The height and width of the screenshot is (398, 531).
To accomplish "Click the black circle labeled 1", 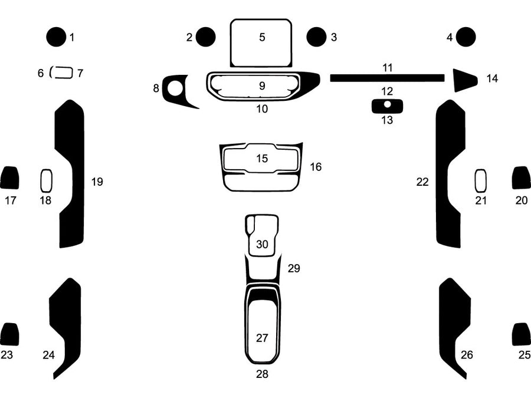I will coord(57,37).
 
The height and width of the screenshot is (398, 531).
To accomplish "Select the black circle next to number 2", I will coord(205,37).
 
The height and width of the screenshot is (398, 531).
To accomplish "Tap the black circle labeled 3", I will coord(316,37).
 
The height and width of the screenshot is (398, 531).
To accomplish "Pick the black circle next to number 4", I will coord(466,37).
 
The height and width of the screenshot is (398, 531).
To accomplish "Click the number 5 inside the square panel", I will coord(262,37).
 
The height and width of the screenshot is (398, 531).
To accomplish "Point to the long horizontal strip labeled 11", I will coord(387,78).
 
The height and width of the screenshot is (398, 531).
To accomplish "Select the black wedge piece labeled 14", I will coord(464,80).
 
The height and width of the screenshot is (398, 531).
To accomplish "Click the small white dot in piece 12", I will coord(387,104).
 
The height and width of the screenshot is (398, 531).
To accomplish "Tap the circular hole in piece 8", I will coord(175,88).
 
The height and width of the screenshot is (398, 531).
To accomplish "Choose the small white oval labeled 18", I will coord(46,180).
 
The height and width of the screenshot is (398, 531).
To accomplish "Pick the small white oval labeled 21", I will coord(481,180).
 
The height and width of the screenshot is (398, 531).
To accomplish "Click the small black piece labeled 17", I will coord(9,177).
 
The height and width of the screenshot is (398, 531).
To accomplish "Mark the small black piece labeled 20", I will coord(521,177).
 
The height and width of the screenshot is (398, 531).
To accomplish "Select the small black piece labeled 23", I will coord(9,334).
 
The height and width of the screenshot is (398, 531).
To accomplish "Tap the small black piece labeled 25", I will coord(521,334).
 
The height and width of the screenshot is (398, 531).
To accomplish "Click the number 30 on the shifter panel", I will coord(262,244).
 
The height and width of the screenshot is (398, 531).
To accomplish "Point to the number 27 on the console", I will coord(262,338).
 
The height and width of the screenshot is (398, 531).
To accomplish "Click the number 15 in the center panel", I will coord(262,158).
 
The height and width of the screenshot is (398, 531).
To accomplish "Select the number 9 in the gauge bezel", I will coord(262,85).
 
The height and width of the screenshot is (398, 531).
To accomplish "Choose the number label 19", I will coord(97,182).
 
